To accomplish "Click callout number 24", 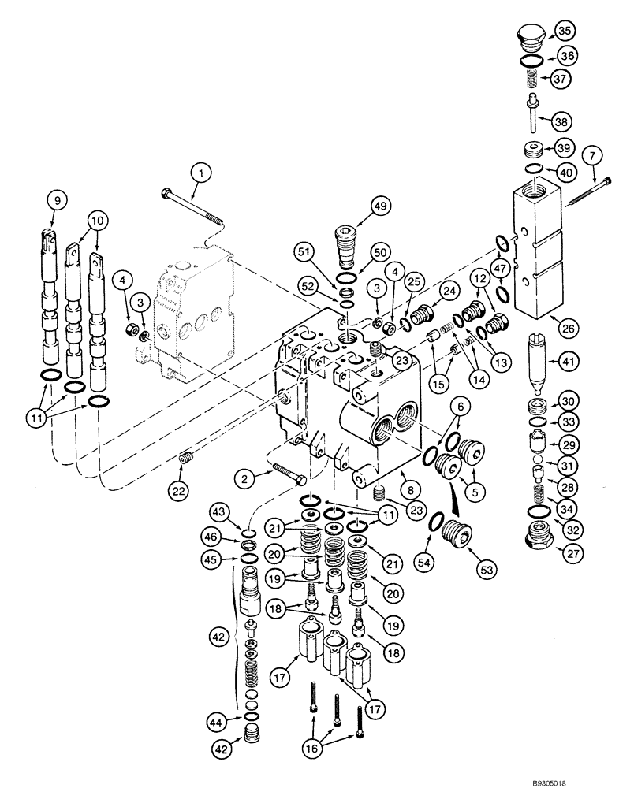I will [x=449, y=290].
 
